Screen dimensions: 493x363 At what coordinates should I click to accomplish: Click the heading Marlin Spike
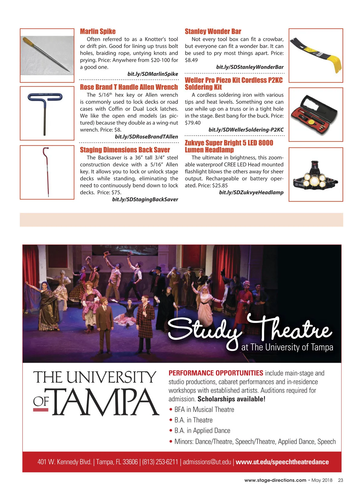coord(98,31)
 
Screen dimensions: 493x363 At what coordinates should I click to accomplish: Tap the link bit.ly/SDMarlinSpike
coord(152,74)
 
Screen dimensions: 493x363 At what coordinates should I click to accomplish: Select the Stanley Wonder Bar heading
coord(213,31)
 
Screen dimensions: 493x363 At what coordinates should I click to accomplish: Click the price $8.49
coord(191,60)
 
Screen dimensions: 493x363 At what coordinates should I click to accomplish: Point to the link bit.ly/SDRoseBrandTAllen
coord(146,137)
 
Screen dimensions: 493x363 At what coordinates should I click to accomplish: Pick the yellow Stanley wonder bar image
coord(316,56)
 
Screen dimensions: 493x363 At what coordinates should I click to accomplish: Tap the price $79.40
coord(193,123)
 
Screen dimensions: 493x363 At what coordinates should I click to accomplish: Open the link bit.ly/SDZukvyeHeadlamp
coord(251,193)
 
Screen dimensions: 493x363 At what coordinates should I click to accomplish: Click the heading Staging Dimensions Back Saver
coord(125,150)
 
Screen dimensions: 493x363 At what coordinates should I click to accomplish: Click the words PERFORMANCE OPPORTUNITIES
coord(216,373)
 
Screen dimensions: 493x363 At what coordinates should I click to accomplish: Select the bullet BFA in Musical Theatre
coord(204,410)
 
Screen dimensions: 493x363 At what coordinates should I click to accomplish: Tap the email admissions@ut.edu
coord(207,462)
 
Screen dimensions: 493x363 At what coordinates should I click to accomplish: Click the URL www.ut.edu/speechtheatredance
coord(282,462)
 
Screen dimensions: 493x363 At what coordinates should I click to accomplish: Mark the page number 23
coord(340,480)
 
